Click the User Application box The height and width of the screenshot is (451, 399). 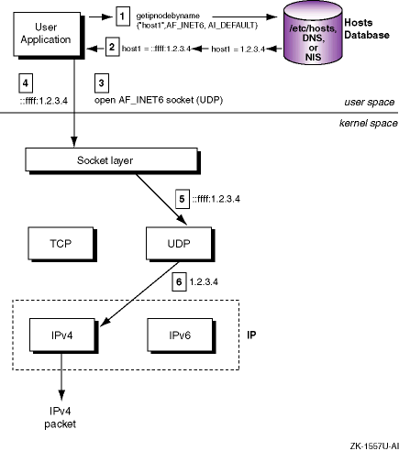[x=47, y=34]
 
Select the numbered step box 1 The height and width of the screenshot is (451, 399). [x=123, y=16]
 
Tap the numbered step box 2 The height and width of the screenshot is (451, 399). [x=112, y=47]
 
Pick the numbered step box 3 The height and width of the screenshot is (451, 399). [x=102, y=82]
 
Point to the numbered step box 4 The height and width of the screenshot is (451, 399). [x=26, y=82]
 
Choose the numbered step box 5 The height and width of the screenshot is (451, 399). [x=183, y=199]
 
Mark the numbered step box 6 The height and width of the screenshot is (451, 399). [x=179, y=281]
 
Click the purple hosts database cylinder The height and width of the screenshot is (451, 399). [x=313, y=33]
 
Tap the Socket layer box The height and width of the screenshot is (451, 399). [x=111, y=159]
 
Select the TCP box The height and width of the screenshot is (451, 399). [x=61, y=243]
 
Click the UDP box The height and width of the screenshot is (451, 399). [x=179, y=243]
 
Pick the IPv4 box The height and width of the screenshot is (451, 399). [x=62, y=335]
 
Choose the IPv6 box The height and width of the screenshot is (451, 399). [x=180, y=335]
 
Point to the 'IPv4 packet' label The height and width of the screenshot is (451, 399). [x=61, y=417]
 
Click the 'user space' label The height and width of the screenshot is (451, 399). [x=370, y=102]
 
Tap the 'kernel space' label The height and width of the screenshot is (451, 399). [x=369, y=123]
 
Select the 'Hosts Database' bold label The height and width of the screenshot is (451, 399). [x=367, y=28]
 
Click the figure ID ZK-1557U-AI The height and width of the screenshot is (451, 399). [x=374, y=446]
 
